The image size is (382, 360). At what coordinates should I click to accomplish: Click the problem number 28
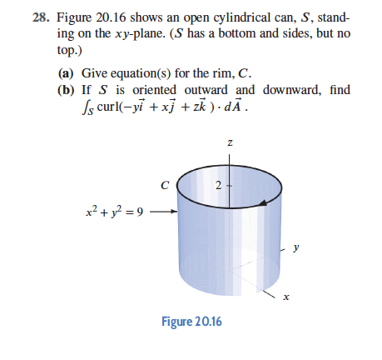31,17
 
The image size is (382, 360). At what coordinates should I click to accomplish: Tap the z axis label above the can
228,144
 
